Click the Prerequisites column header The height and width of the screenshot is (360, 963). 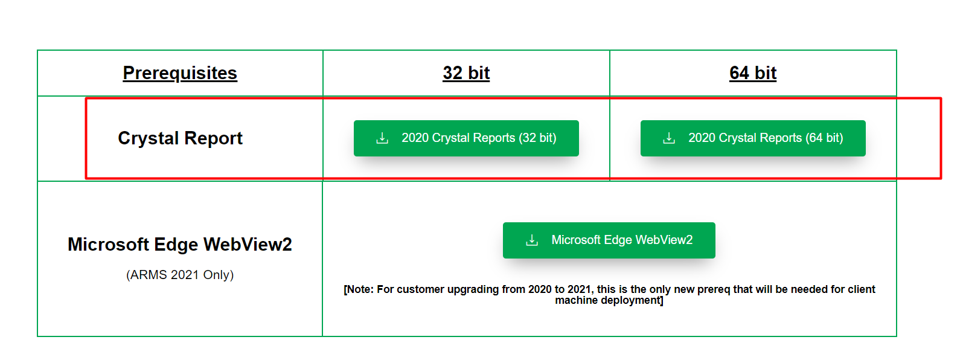click(180, 73)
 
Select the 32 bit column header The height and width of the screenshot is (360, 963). click(466, 73)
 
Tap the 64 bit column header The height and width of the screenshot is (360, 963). click(753, 73)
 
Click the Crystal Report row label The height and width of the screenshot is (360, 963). click(180, 138)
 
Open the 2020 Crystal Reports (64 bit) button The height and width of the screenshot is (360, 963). click(753, 138)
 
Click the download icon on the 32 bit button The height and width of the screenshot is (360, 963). click(382, 138)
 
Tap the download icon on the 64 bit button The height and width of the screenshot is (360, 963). click(669, 138)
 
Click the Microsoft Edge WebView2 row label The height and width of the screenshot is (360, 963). click(180, 245)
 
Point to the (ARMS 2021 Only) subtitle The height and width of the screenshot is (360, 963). click(180, 275)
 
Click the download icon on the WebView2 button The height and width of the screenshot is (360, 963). click(532, 240)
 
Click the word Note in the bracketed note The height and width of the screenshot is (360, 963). click(359, 289)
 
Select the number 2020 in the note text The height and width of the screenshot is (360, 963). click(540, 289)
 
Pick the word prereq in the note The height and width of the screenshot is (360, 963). click(714, 289)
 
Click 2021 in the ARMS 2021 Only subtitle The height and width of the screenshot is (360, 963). click(185, 275)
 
